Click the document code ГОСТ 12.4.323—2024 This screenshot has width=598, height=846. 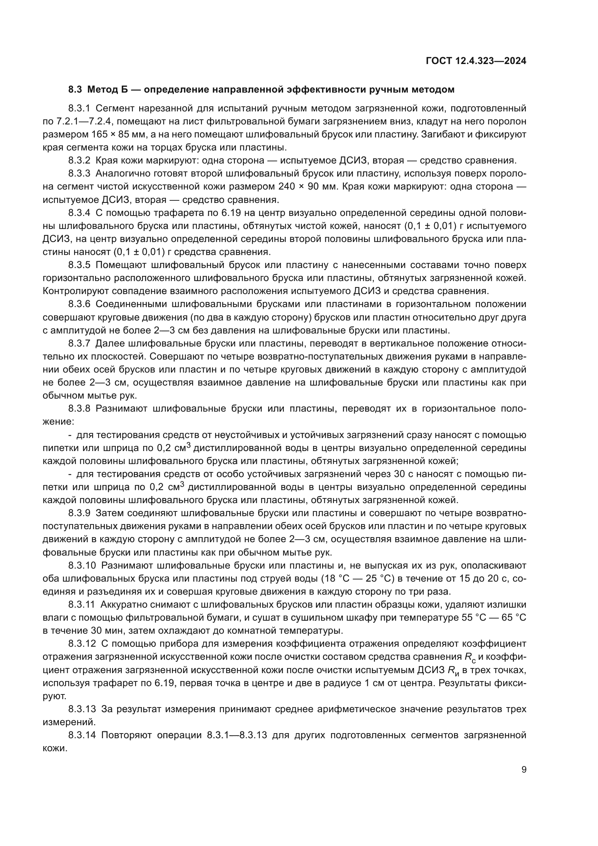[476, 61]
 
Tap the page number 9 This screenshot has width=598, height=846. [524, 770]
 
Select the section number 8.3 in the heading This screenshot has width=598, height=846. [76, 90]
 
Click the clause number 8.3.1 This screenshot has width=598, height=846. [79, 109]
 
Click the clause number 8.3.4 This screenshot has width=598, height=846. [79, 213]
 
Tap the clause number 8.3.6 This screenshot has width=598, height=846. [79, 304]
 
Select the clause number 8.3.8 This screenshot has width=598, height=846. [79, 409]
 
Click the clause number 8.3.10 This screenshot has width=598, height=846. [82, 565]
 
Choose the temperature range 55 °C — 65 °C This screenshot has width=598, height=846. [494, 617]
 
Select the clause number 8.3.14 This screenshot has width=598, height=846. [82, 735]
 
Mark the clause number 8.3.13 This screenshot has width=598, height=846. [82, 709]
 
